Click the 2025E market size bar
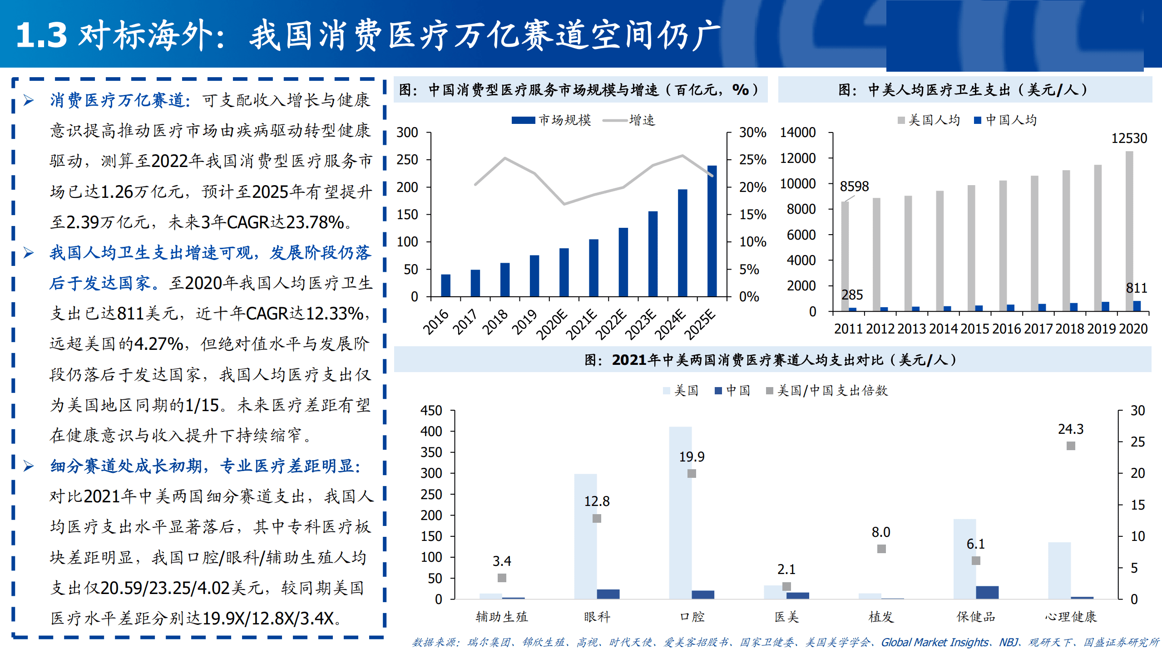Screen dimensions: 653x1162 point(712,231)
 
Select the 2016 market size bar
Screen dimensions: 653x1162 point(445,285)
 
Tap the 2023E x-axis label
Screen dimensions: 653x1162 point(641,324)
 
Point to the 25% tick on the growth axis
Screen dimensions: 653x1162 point(752,160)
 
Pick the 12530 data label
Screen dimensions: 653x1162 point(1129,138)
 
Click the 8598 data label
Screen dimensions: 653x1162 point(854,187)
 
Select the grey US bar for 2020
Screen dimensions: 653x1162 point(1129,231)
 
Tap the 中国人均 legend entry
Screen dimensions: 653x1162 point(1005,120)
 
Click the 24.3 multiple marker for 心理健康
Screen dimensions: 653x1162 point(1071,446)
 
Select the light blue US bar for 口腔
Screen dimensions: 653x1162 point(680,513)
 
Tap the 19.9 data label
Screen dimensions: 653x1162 point(692,457)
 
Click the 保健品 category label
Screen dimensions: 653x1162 point(976,617)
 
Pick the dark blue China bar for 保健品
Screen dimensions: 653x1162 point(987,592)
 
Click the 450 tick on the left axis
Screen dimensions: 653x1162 point(431,411)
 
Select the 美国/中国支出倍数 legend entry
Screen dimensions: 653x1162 point(826,391)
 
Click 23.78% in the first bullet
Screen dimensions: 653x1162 point(315,222)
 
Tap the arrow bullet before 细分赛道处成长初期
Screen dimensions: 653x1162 point(29,466)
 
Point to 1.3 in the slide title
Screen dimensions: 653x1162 point(41,35)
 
